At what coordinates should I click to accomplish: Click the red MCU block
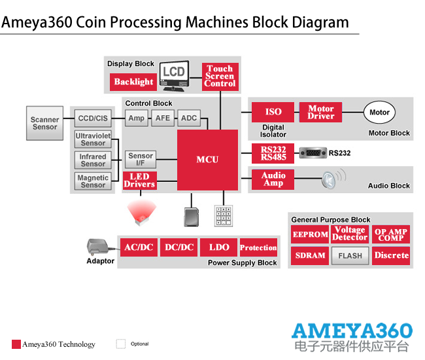(x=207, y=160)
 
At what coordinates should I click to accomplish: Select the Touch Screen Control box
(x=220, y=77)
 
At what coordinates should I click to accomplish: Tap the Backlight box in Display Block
(x=133, y=82)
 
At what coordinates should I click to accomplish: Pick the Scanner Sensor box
(x=45, y=123)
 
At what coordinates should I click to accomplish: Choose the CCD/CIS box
(x=92, y=118)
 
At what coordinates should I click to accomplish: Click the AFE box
(x=162, y=118)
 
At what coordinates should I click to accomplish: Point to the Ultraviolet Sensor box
(x=93, y=139)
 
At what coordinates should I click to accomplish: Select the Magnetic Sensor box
(x=93, y=181)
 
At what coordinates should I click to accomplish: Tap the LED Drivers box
(x=139, y=181)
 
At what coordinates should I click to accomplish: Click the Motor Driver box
(x=320, y=113)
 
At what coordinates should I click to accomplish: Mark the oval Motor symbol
(x=379, y=113)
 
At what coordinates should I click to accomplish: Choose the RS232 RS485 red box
(x=273, y=153)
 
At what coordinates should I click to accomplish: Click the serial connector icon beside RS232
(x=312, y=153)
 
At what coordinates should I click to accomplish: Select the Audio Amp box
(x=273, y=179)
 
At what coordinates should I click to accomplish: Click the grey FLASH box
(x=350, y=256)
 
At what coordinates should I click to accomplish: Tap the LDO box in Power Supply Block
(x=219, y=247)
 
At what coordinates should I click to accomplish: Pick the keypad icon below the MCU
(x=223, y=215)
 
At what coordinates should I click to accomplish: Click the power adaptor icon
(x=98, y=247)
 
